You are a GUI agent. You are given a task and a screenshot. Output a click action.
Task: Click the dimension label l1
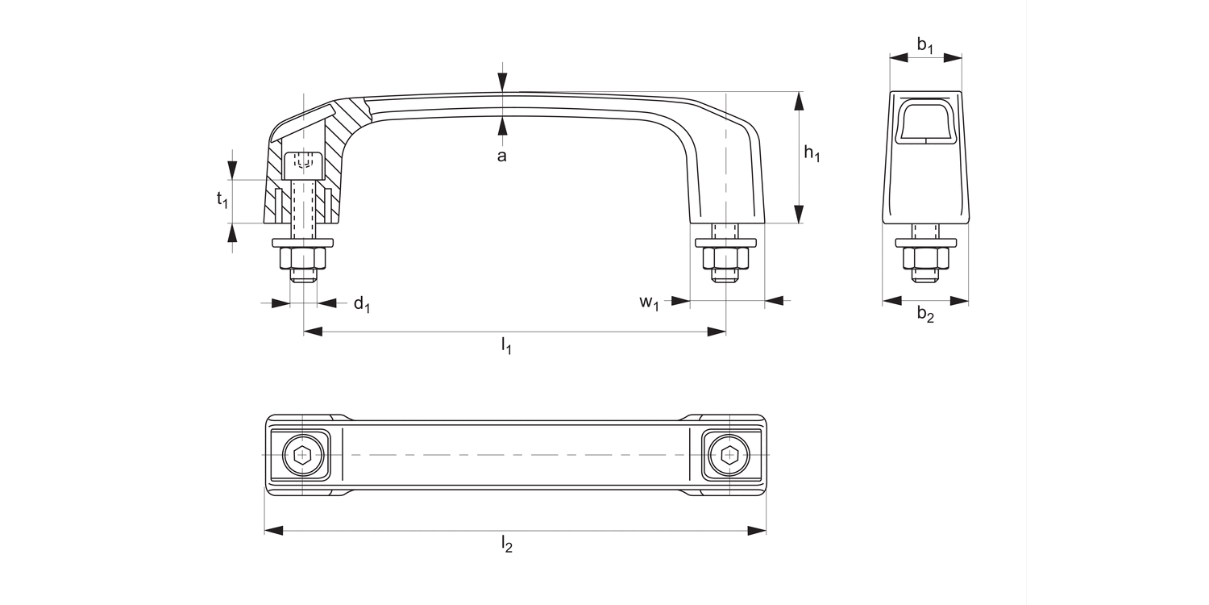tap(506, 347)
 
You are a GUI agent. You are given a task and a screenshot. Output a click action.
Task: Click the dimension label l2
tap(506, 544)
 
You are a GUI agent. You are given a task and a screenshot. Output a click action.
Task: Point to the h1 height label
tap(812, 156)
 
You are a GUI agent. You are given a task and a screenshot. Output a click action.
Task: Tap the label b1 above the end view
tap(925, 45)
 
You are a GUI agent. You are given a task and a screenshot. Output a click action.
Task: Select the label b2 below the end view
tap(925, 315)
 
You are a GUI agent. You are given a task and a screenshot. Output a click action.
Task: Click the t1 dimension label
tap(222, 200)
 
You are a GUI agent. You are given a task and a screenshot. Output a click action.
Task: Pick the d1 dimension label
tap(362, 304)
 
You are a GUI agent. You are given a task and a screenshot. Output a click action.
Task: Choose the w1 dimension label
tap(650, 303)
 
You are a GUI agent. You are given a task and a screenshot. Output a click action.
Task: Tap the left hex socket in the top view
tap(303, 455)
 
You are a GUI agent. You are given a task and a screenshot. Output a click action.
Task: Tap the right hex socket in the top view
tap(729, 455)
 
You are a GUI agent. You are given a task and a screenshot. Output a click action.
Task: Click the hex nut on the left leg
tap(303, 258)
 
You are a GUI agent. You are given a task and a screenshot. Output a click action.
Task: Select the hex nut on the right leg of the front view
tap(726, 258)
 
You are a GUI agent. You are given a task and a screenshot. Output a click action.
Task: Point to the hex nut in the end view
tap(926, 258)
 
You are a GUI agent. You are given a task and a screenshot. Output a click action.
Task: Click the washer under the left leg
tap(303, 242)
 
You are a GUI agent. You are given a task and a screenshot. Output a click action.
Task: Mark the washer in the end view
tap(926, 242)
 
